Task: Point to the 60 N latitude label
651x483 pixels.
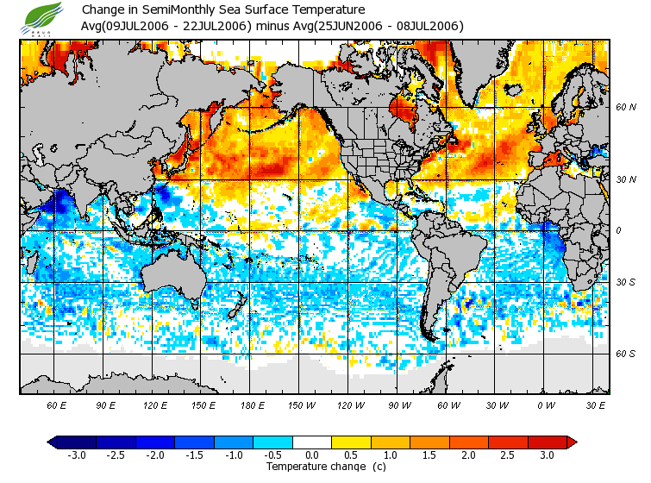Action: tap(626, 108)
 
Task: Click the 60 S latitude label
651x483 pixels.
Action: tap(625, 354)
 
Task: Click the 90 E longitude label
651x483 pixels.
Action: tap(105, 405)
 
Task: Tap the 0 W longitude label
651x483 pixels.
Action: tap(546, 405)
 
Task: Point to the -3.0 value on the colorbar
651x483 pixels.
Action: tap(76, 455)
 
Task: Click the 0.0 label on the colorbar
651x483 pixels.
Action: tap(313, 455)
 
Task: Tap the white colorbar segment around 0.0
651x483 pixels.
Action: tap(313, 442)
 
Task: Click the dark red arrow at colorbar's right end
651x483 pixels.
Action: tap(571, 442)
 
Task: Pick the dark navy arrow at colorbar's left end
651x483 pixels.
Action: tap(53, 442)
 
